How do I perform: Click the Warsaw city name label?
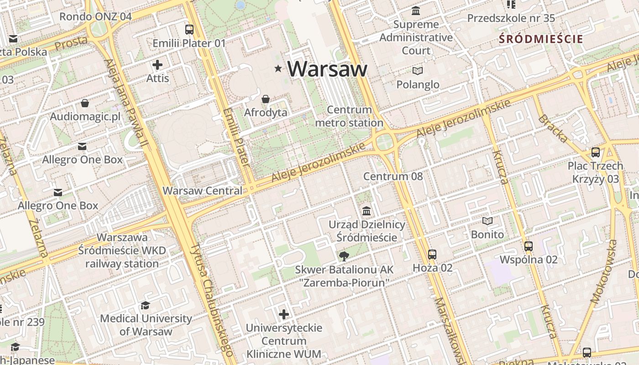pyautogui.click(x=327, y=69)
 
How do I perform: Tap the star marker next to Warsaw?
pyautogui.click(x=278, y=68)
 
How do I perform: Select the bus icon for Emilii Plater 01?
pyautogui.click(x=189, y=30)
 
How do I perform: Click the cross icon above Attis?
pyautogui.click(x=157, y=65)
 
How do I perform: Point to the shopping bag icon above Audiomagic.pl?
pyautogui.click(x=85, y=103)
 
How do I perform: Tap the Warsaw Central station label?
pyautogui.click(x=202, y=191)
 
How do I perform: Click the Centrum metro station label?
pyautogui.click(x=349, y=116)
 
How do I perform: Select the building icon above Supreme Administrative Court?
pyautogui.click(x=416, y=10)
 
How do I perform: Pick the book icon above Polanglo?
pyautogui.click(x=418, y=71)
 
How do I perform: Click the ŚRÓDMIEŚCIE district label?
pyautogui.click(x=541, y=39)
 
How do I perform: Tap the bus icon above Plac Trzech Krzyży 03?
pyautogui.click(x=596, y=152)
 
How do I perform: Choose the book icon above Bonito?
pyautogui.click(x=487, y=221)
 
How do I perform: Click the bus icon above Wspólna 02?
pyautogui.click(x=529, y=246)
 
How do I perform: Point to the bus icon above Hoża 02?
pyautogui.click(x=432, y=255)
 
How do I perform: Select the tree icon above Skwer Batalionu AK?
pyautogui.click(x=344, y=256)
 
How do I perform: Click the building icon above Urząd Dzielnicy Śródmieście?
pyautogui.click(x=367, y=211)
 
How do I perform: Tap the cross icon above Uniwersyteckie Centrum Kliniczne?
pyautogui.click(x=284, y=314)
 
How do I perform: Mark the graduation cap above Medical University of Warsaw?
pyautogui.click(x=146, y=305)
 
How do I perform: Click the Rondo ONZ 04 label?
pyautogui.click(x=95, y=17)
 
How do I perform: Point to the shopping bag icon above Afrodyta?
pyautogui.click(x=266, y=99)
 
